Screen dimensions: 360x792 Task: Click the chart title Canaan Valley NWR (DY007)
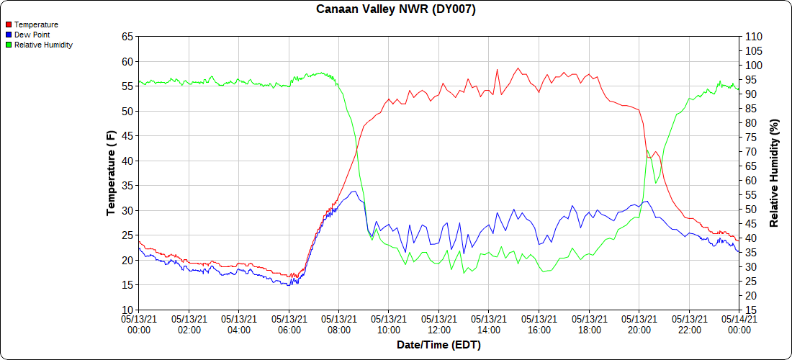tap(396, 9)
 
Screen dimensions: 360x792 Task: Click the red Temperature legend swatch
tap(9, 24)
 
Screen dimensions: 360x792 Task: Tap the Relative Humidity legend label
tap(43, 45)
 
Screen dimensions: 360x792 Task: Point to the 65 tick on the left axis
tap(127, 36)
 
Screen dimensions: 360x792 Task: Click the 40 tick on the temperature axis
tap(127, 161)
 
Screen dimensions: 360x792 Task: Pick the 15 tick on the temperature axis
tap(127, 285)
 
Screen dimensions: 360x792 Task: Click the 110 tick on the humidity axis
tap(752, 36)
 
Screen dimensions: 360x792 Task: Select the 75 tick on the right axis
tap(750, 137)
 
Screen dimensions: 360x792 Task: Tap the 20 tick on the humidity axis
tap(750, 295)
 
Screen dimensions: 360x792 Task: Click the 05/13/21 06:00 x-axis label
tap(289, 324)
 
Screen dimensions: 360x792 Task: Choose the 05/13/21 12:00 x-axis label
tap(439, 324)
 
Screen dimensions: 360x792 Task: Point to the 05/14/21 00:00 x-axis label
tap(739, 324)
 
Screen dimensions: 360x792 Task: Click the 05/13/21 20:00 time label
tap(639, 324)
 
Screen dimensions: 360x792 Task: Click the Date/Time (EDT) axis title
tap(438, 345)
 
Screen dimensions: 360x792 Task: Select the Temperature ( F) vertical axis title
tap(111, 173)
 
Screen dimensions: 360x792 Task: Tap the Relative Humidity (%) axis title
tap(775, 173)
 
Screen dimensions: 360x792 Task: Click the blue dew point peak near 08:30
tap(354, 191)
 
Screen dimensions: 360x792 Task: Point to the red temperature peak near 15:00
tap(517, 68)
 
